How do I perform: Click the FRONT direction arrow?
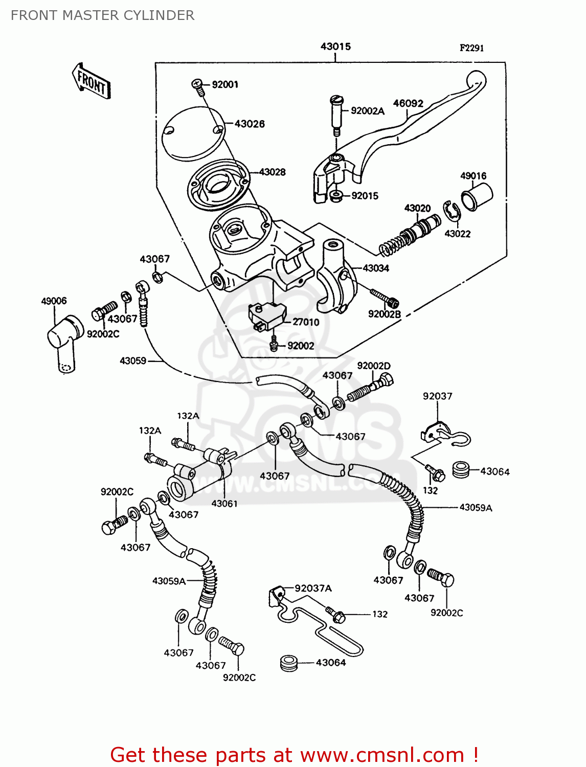coord(91,81)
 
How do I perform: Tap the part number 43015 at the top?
coord(335,47)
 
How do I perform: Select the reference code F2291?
coord(471,48)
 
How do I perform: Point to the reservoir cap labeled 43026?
coord(193,133)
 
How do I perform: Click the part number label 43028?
coord(272,172)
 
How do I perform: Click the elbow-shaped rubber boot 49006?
coord(65,340)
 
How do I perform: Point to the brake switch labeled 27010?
coord(266,314)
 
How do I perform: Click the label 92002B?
coord(384,314)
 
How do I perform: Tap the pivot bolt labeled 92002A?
coord(335,115)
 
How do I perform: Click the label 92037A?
coord(313,589)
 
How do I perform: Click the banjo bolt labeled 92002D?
coord(371,389)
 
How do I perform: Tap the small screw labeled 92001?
coord(198,87)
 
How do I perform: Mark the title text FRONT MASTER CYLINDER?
coord(102,15)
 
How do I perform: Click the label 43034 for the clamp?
coord(376,268)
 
